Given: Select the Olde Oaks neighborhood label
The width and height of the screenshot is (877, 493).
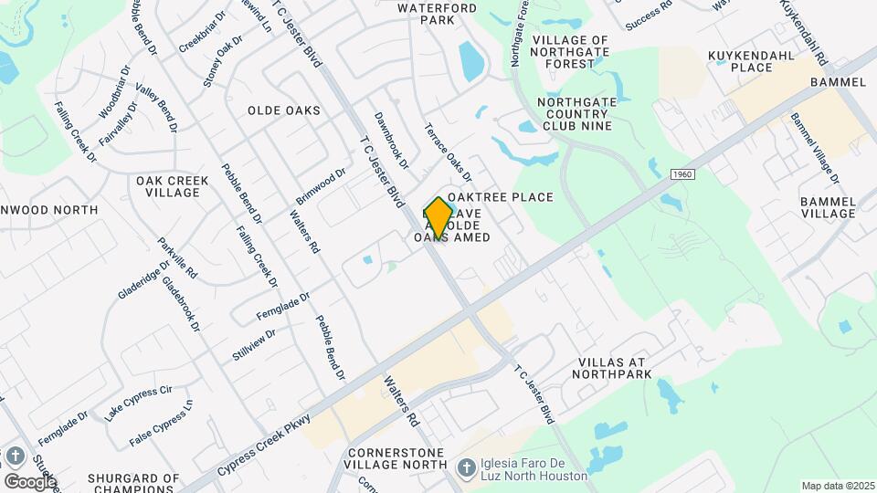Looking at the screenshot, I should click(x=284, y=110).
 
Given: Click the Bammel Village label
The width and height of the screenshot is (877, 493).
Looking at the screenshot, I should click(x=827, y=206).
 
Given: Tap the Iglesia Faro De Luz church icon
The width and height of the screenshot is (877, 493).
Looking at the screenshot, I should click(x=466, y=468).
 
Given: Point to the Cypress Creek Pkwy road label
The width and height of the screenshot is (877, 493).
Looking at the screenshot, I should click(x=265, y=444).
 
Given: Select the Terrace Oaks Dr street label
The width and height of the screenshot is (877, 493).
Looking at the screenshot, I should click(x=448, y=152).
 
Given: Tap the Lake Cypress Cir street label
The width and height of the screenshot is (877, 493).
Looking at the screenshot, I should click(x=138, y=403).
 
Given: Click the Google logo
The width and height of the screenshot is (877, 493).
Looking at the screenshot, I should click(x=30, y=481).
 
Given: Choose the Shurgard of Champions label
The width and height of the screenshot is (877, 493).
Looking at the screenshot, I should click(x=133, y=483).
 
